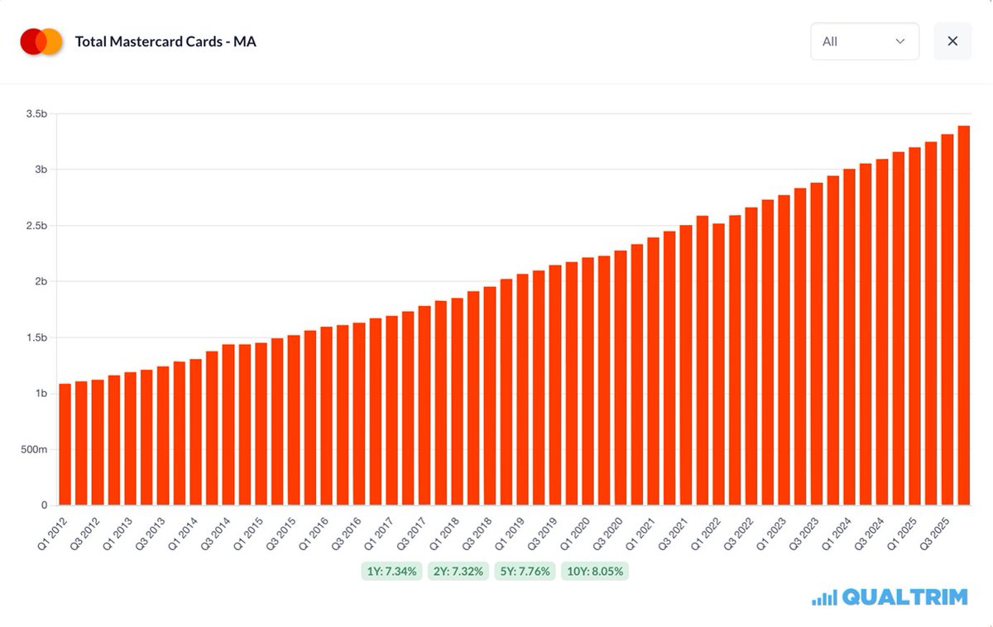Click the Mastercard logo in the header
(41, 41)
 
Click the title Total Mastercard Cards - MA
(165, 41)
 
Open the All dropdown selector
(864, 41)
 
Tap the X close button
(952, 41)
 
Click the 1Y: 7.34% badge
(392, 572)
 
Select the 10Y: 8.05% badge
(595, 572)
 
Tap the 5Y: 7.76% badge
(525, 572)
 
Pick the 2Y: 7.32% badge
(459, 572)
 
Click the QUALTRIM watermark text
(904, 597)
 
